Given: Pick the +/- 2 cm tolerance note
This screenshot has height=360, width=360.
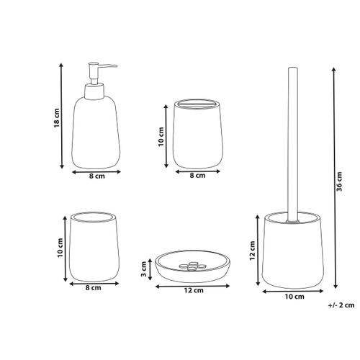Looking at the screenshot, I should [341, 304].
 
